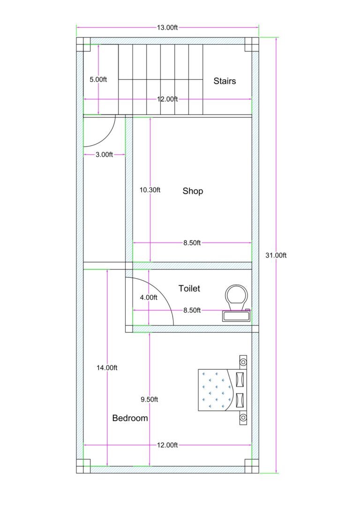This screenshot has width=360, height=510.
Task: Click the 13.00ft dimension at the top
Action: (167, 28)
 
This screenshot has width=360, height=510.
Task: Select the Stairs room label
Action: (225, 81)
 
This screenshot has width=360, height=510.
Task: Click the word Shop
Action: (193, 191)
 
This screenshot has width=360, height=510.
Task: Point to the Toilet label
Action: (189, 288)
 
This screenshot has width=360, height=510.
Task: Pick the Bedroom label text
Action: (130, 418)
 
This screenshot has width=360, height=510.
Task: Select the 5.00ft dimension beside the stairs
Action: (98, 80)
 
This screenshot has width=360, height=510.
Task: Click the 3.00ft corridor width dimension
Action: (104, 154)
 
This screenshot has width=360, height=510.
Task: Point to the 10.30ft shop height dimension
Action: (150, 190)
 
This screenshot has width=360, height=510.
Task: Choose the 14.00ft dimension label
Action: (107, 368)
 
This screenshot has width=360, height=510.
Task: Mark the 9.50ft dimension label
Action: (150, 399)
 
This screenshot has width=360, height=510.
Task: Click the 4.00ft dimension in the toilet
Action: (149, 297)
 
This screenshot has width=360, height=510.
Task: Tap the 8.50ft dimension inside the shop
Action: (192, 243)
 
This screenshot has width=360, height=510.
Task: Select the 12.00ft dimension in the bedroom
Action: (167, 445)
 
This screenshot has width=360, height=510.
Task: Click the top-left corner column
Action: (83, 44)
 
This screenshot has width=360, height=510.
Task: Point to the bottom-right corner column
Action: (252, 466)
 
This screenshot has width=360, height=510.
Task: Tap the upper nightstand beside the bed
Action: (243, 361)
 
